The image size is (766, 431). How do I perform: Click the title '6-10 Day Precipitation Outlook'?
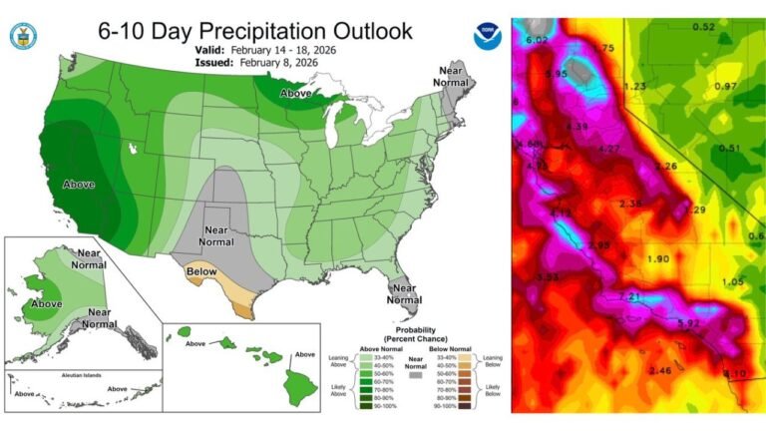click(x=254, y=31)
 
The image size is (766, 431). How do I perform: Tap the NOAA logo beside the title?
click(x=487, y=35)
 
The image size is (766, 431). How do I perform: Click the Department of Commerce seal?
click(x=22, y=37)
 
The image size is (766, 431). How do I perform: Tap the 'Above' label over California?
click(x=79, y=185)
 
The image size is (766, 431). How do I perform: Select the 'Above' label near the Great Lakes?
click(x=296, y=93)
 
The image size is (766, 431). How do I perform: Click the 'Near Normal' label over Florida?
click(x=404, y=293)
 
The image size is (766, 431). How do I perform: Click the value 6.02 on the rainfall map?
click(x=538, y=40)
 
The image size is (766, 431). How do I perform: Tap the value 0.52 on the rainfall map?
click(x=704, y=26)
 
